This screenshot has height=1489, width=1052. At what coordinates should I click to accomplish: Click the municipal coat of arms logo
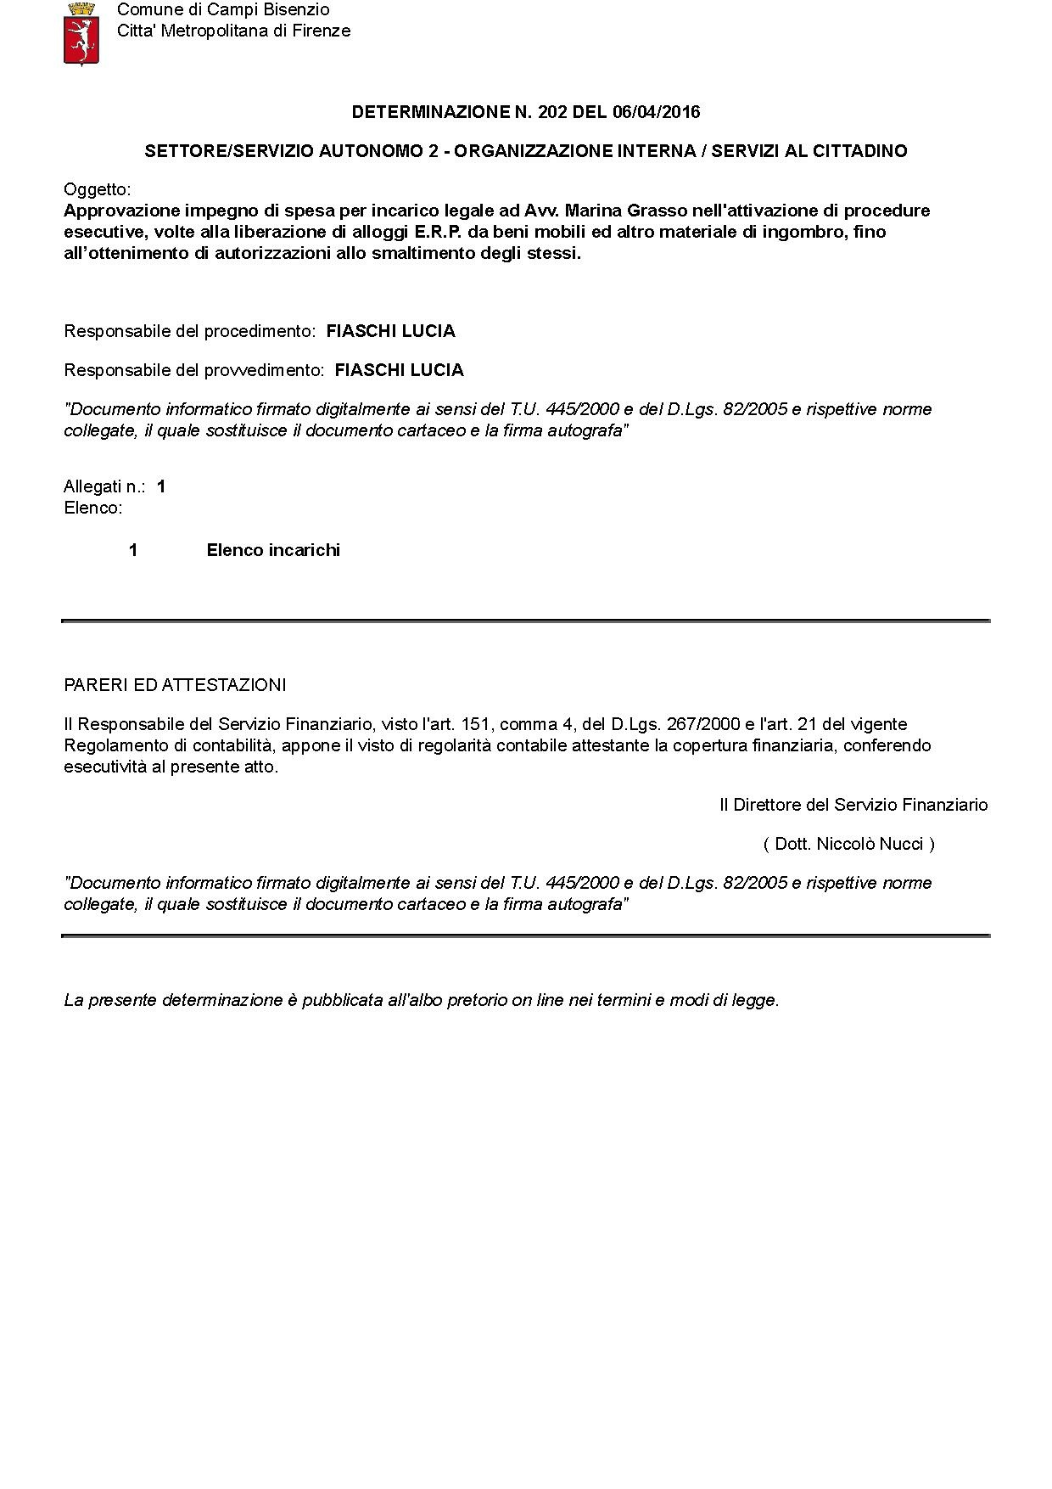(82, 33)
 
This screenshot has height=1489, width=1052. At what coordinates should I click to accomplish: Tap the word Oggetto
(97, 189)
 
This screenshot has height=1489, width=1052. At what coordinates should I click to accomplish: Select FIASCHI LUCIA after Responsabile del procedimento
(390, 331)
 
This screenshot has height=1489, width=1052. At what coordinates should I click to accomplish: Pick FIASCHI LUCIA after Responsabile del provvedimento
(399, 370)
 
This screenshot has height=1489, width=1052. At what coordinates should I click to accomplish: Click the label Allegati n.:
(104, 486)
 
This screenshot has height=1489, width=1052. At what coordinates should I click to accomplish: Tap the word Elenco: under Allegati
(93, 509)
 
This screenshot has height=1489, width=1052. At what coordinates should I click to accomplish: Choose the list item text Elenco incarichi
(273, 550)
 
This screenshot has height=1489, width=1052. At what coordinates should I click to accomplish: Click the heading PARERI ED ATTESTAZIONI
(175, 685)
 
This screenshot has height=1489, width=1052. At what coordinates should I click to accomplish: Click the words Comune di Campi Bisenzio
(223, 10)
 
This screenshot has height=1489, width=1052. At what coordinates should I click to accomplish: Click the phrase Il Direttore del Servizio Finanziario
(853, 805)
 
